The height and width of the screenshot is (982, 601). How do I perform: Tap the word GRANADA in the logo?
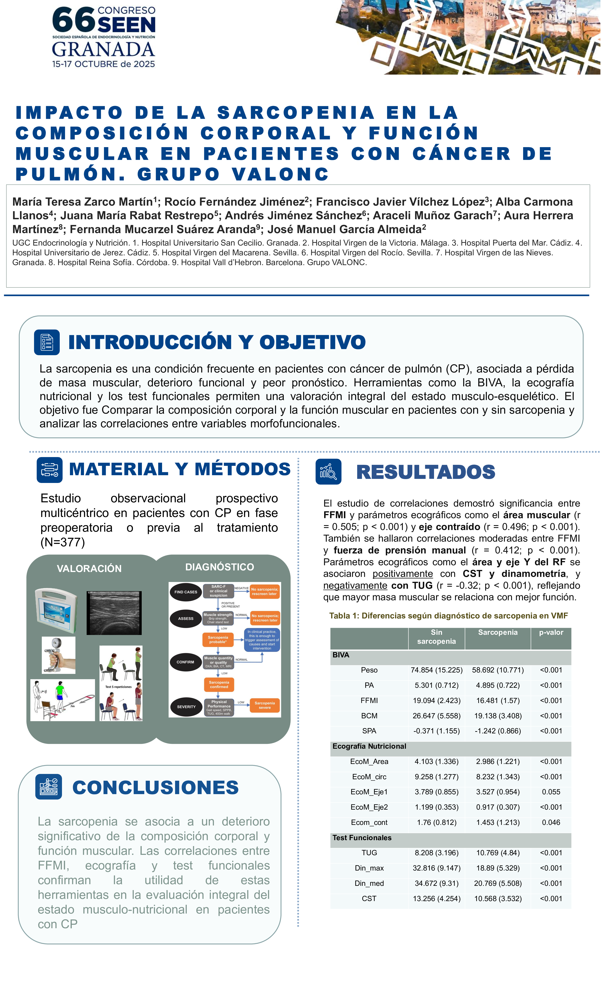coord(103,50)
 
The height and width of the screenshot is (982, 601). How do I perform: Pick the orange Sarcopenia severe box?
coord(264,705)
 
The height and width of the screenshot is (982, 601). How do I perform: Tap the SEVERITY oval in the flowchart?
coord(186,707)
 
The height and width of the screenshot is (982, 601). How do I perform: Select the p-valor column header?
coord(551,633)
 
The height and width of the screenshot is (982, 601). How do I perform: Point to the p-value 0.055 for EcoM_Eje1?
coord(551,792)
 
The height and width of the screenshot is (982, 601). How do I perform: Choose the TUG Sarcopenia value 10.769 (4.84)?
coord(498,853)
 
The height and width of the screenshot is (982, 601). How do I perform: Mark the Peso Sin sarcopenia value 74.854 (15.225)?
coord(436,670)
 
